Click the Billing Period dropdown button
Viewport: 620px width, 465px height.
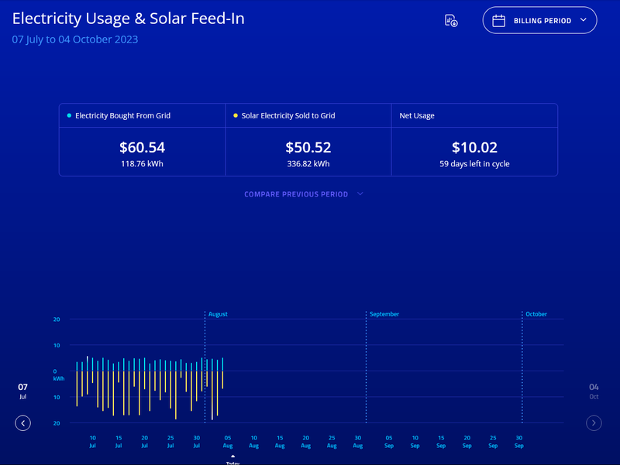pos(539,21)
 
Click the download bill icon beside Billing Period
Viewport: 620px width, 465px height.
pos(451,21)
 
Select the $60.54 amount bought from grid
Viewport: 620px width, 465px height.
pos(142,147)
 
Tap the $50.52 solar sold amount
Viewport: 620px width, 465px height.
pos(308,147)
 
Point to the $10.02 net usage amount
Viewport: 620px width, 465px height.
pos(474,147)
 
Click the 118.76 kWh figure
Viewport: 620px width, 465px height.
pos(142,164)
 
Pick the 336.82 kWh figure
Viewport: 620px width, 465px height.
pos(308,164)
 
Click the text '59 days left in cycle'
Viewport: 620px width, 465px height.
pos(474,164)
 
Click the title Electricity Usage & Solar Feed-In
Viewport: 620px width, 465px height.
pos(128,19)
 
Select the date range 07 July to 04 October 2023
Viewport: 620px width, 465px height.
pos(75,39)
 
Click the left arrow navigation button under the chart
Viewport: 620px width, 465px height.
pos(23,422)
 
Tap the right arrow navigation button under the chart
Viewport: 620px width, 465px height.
pos(594,422)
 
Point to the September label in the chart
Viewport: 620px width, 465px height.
pos(384,314)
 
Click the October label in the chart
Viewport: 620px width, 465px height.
pos(536,314)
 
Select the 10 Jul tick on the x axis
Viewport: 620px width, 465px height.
pos(92,441)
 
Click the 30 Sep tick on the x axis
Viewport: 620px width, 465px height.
pos(518,441)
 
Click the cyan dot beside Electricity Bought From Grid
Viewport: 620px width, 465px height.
pos(69,115)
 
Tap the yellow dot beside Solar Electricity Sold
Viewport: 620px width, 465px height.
pos(236,115)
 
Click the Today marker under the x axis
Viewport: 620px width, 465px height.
pos(232,460)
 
